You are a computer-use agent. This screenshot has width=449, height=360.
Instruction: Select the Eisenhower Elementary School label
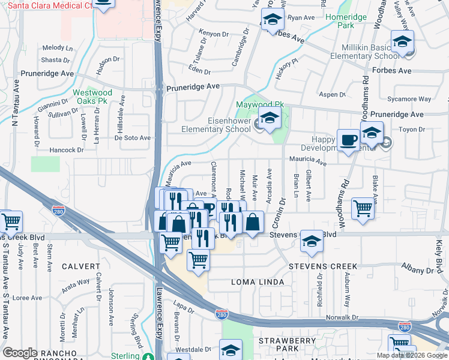[x=216, y=124]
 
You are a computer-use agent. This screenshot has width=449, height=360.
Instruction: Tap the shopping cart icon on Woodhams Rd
[x=363, y=211]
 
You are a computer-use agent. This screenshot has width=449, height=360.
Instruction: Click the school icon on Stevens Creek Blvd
[x=312, y=242]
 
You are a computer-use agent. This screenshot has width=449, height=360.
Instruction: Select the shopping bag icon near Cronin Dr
[x=253, y=223]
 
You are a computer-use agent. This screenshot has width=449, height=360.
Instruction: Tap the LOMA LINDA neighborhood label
[x=256, y=281]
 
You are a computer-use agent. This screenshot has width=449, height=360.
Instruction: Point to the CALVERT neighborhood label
[x=80, y=266]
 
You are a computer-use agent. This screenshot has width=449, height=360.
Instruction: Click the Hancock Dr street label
[x=66, y=150]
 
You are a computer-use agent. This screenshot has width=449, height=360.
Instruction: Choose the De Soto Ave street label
[x=132, y=137]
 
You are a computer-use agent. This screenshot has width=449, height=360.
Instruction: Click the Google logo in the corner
[x=20, y=353]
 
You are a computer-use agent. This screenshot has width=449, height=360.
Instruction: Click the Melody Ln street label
[x=57, y=47]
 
